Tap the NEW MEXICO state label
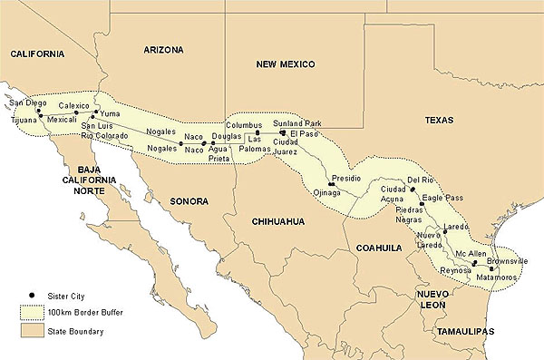pyautogui.click(x=284, y=64)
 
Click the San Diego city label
pyautogui.click(x=27, y=102)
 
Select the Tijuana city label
pyautogui.click(x=22, y=119)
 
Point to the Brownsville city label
pyautogui.click(x=507, y=260)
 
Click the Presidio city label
pyautogui.click(x=348, y=179)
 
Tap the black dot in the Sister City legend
pyautogui.click(x=31, y=296)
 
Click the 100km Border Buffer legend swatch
pyautogui.click(x=30, y=314)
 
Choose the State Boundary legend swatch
pyautogui.click(x=30, y=332)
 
